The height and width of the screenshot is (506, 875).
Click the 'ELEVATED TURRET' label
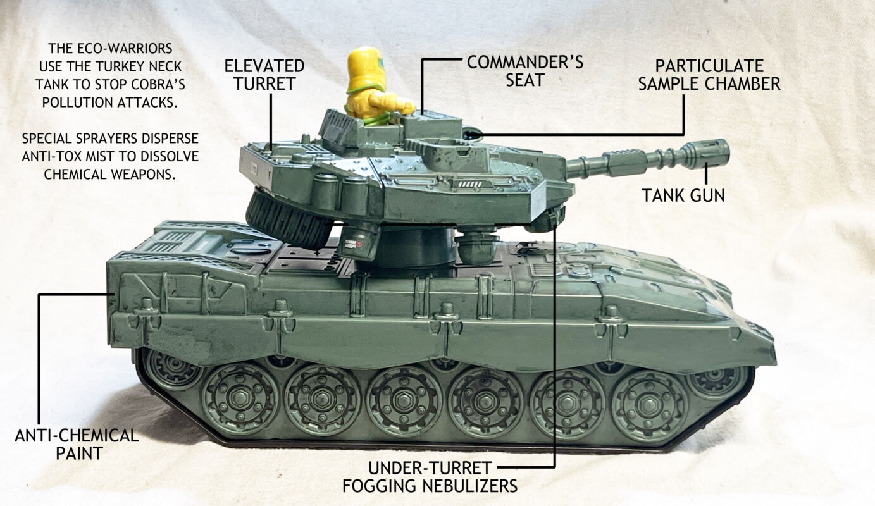coord(264,75)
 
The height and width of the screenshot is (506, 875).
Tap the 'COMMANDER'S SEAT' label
coord(525,71)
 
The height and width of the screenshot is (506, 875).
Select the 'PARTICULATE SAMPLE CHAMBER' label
coord(709,75)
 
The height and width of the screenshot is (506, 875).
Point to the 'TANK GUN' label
coord(683,195)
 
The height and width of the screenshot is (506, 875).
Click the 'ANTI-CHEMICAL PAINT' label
coord(77,444)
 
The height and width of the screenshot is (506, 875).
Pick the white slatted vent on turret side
coord(471,184)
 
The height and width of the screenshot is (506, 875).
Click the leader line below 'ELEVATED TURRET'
coord(271,122)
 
